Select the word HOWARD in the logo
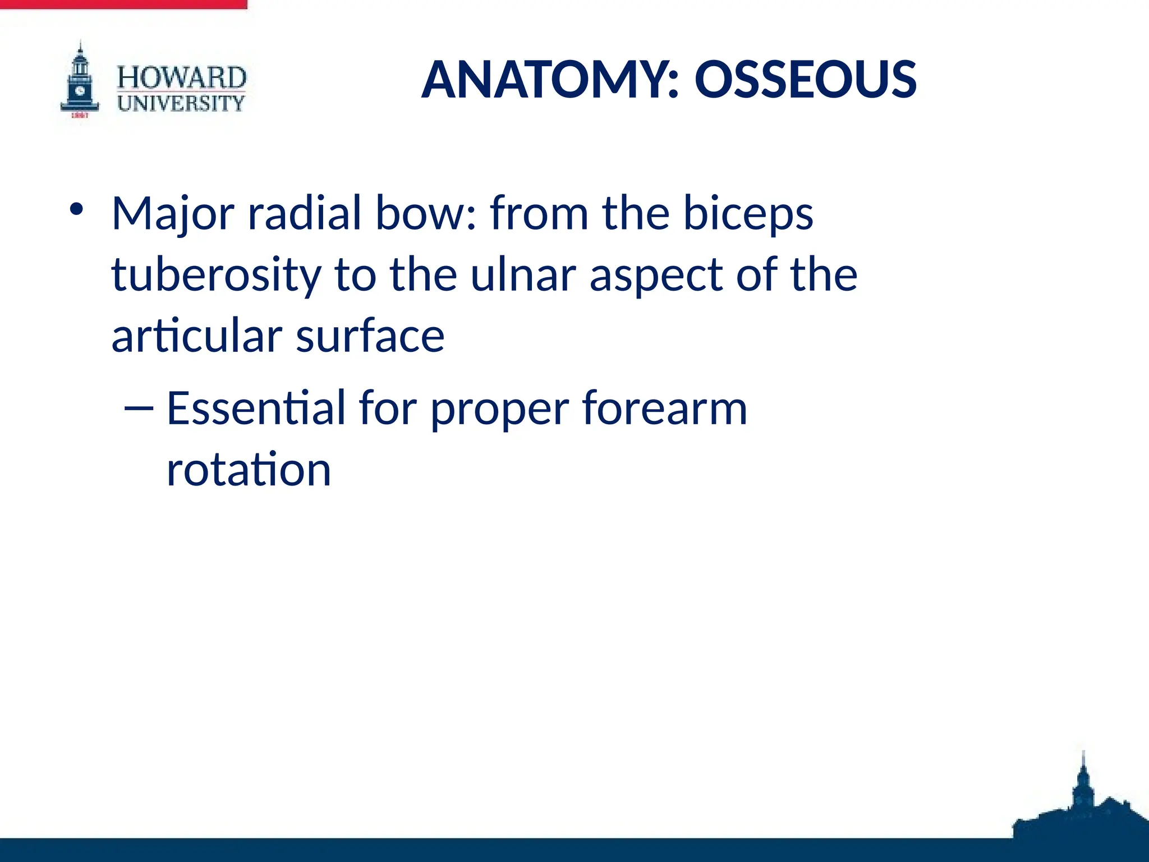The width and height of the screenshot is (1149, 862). click(181, 77)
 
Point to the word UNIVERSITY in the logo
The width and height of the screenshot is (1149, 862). click(181, 103)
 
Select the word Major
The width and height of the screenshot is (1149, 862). click(173, 214)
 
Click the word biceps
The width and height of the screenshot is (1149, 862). click(748, 214)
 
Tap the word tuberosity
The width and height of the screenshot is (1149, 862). click(217, 275)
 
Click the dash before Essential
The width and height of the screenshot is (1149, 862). click(138, 409)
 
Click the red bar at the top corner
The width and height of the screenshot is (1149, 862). click(123, 4)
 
